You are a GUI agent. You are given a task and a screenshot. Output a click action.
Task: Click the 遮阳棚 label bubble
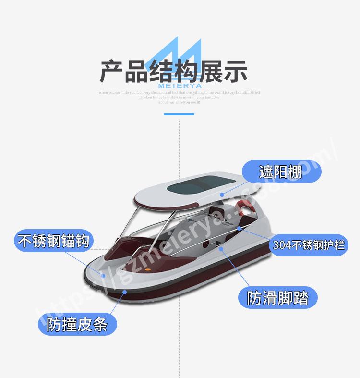281,172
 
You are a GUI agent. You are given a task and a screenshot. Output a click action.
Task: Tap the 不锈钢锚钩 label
53,240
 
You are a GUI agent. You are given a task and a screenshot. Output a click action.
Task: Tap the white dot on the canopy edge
222,195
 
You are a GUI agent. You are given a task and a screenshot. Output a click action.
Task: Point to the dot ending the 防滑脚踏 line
221,249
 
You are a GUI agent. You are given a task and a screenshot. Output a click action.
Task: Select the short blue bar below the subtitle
179,114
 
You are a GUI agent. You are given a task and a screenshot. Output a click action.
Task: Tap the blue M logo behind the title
180,55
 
